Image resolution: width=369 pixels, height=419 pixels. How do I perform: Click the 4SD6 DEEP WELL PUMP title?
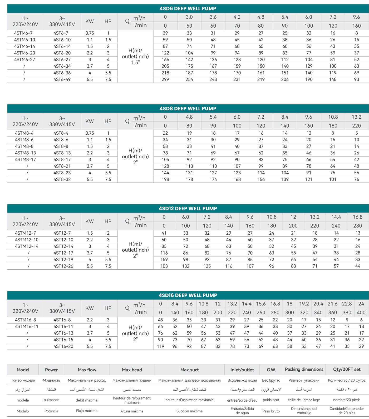188,8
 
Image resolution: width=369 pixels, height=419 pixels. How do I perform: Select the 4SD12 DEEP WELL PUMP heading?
188,208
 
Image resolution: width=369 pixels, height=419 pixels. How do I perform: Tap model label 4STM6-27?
24,59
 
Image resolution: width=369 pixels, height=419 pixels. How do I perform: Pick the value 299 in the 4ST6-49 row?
165,79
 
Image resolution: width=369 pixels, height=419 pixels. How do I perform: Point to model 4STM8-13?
25,153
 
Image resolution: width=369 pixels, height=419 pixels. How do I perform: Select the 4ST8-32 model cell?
62,179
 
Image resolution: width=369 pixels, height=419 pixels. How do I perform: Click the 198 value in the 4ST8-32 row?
165,179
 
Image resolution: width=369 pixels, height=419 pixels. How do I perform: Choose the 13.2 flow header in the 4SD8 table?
356,117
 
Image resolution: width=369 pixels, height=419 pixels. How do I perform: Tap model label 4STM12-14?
27,246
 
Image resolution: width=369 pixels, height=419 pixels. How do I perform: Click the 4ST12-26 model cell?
63,266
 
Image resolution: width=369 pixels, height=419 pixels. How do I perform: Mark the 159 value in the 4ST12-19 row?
164,259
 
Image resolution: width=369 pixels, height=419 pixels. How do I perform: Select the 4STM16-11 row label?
27,326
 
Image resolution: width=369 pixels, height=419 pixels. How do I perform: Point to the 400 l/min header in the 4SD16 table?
361,312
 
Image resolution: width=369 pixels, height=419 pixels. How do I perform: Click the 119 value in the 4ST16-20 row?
160,346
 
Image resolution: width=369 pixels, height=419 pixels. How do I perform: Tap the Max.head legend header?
132,370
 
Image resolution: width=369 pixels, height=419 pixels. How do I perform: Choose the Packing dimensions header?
304,369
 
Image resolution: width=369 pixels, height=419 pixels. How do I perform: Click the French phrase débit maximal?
87,400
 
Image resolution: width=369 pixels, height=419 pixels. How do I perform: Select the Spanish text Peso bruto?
271,411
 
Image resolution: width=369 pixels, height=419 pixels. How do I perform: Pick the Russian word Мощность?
51,380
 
